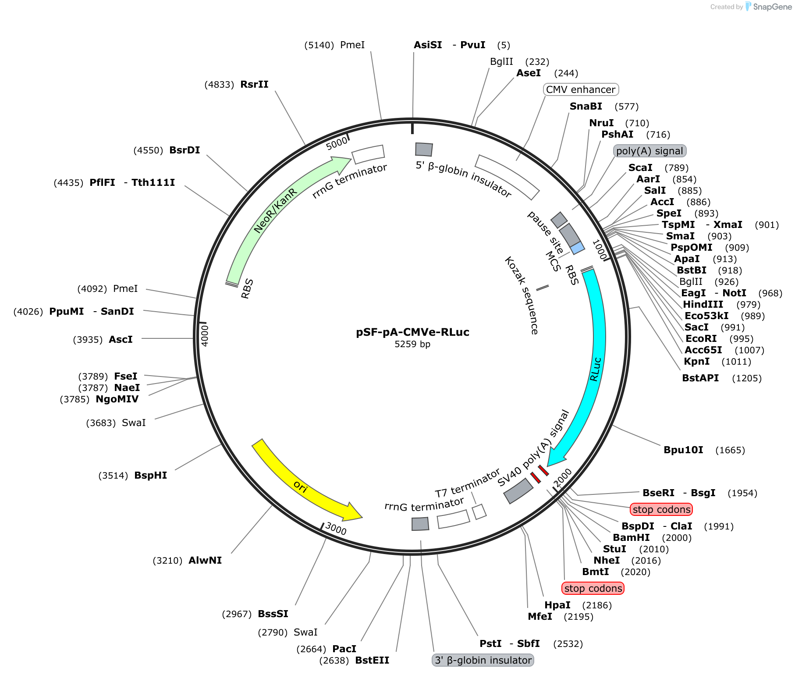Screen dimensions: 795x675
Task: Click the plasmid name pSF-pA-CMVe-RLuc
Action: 412,332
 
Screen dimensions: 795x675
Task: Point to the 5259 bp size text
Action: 412,344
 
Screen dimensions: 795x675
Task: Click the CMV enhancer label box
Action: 581,89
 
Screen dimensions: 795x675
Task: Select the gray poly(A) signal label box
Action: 649,151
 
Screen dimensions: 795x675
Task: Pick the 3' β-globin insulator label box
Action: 483,660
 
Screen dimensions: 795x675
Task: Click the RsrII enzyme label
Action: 255,84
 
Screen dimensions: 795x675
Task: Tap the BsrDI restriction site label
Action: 185,150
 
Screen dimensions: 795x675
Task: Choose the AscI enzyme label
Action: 121,339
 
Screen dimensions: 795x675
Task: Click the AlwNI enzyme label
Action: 205,560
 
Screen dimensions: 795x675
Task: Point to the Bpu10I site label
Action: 683,450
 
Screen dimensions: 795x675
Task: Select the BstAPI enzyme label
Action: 700,378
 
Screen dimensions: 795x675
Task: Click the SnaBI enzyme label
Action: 586,106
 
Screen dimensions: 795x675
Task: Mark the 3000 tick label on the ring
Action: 336,528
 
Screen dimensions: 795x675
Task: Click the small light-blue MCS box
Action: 578,248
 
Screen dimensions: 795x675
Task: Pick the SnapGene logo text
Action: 772,7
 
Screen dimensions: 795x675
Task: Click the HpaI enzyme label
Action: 557,605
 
